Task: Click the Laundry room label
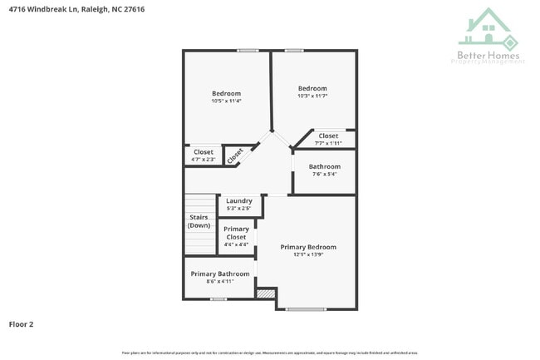pos(239,201)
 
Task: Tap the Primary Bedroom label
pos(308,247)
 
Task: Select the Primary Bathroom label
pos(220,274)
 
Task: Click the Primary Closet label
pos(236,233)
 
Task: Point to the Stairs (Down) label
pos(199,221)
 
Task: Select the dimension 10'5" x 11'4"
pos(226,101)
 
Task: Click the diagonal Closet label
pos(235,155)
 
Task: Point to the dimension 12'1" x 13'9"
pos(308,255)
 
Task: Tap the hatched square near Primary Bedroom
pos(266,293)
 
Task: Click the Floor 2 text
pos(21,324)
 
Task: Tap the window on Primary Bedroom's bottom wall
pos(307,309)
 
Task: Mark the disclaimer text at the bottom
pos(270,353)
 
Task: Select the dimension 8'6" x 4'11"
pos(220,282)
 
